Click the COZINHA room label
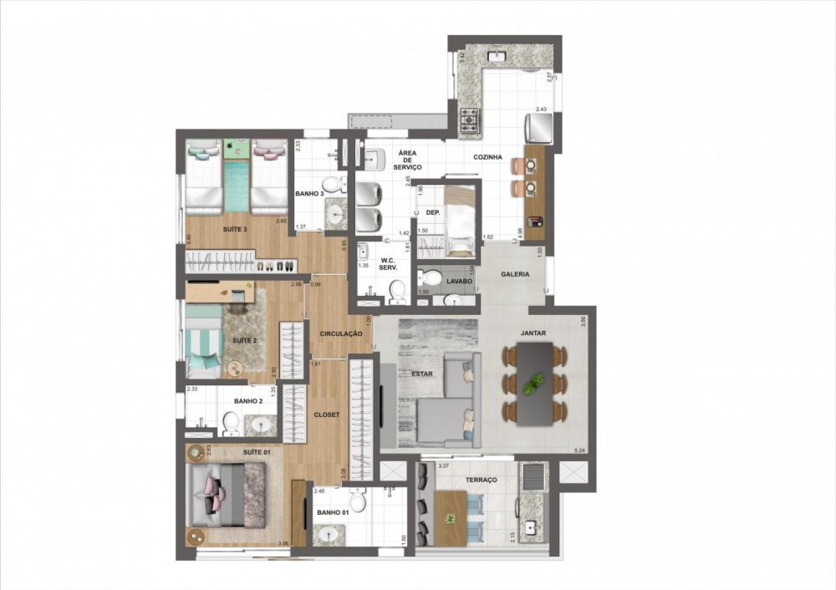[487, 156]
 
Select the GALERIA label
[513, 274]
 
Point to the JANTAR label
[533, 333]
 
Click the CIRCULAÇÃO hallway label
[340, 333]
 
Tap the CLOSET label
[326, 414]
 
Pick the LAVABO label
[459, 282]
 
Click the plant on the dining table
[532, 384]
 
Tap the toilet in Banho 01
[359, 500]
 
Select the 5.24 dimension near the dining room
[579, 451]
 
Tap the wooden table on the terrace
[450, 511]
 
